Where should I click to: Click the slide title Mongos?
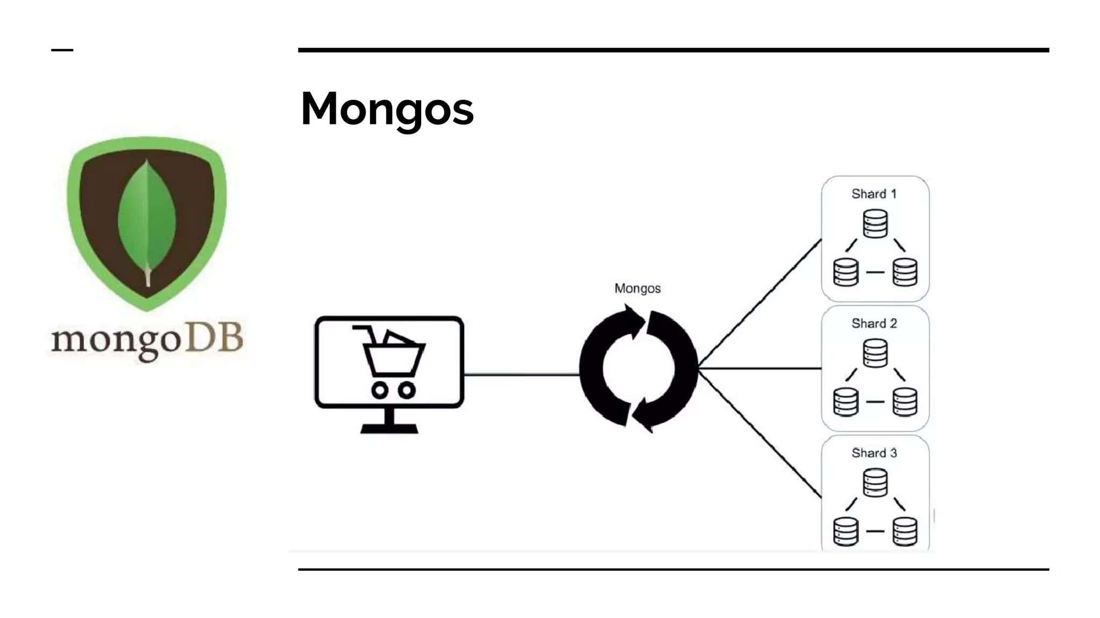[x=387, y=109]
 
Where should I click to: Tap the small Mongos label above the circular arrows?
[x=637, y=289]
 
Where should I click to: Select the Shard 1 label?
[x=874, y=194]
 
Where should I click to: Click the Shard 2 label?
[x=874, y=323]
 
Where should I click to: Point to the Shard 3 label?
[x=874, y=453]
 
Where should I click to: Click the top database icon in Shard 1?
[x=875, y=224]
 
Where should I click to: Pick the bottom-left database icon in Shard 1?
[x=845, y=272]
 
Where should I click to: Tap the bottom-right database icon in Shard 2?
[x=905, y=402]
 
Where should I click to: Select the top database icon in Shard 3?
[x=875, y=483]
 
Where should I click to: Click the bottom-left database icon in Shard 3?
[x=845, y=531]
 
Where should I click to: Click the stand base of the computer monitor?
[x=389, y=428]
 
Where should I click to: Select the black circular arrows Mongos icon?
[x=638, y=369]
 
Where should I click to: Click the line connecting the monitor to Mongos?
[x=521, y=374]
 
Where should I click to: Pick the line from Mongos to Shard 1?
[x=760, y=303]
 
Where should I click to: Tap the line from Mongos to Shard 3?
[x=760, y=433]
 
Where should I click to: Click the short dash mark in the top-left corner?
[x=62, y=50]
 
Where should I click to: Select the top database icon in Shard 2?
[x=875, y=354]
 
